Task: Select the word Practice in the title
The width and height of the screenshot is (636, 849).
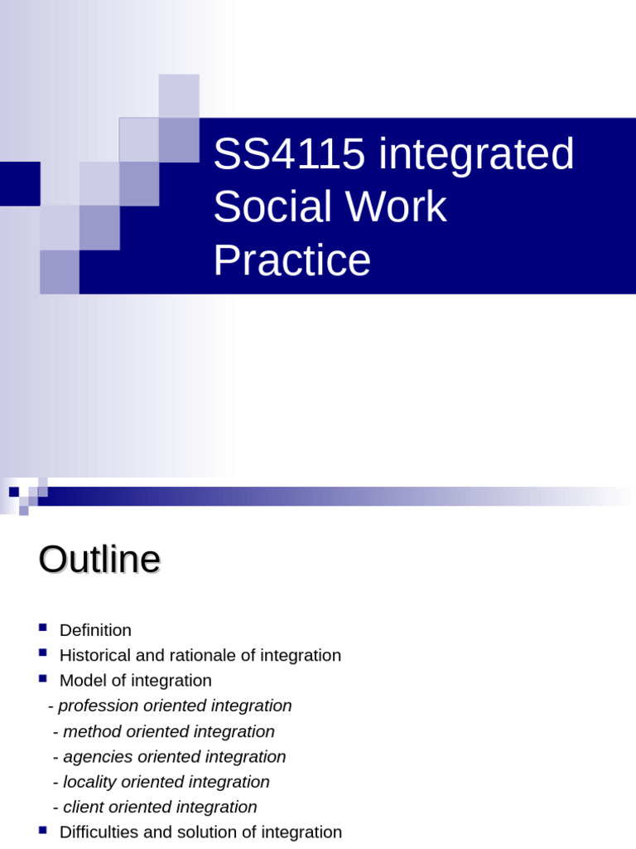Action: coord(291,260)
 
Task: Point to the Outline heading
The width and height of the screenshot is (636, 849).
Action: coord(99,560)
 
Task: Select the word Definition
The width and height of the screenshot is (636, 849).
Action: coord(95,630)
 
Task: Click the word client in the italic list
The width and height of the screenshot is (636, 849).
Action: coord(83,807)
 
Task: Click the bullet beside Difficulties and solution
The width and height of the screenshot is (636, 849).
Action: coord(43,829)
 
